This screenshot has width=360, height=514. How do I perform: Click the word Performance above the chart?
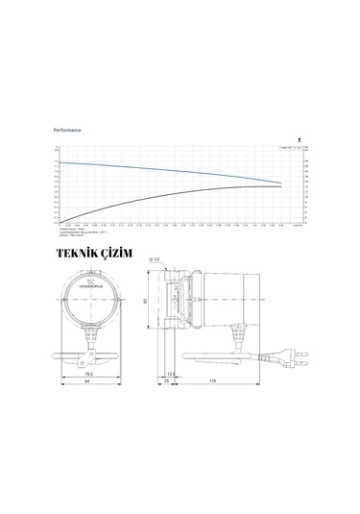pyautogui.click(x=68, y=127)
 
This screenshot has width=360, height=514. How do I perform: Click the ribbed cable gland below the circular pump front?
pyautogui.click(x=89, y=331)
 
